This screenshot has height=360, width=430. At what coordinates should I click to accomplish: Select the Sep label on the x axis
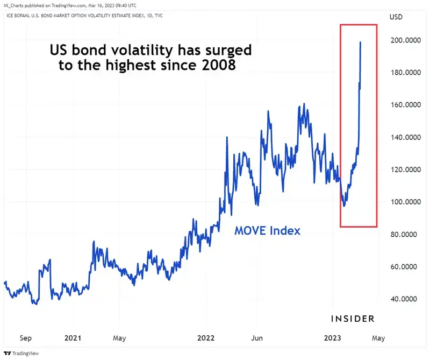[x=25, y=338]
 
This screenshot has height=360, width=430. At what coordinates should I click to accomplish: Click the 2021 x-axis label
[x=73, y=338]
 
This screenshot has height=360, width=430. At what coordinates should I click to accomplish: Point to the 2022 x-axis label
[x=206, y=338]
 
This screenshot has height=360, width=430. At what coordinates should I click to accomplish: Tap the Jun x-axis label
[x=257, y=338]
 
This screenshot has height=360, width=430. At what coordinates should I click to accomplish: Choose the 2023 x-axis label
[x=335, y=338]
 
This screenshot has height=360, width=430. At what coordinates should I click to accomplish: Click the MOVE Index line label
[x=267, y=231]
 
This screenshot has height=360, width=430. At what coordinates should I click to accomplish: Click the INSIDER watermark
[x=352, y=319]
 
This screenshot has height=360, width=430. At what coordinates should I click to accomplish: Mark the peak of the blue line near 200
[x=360, y=42]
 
